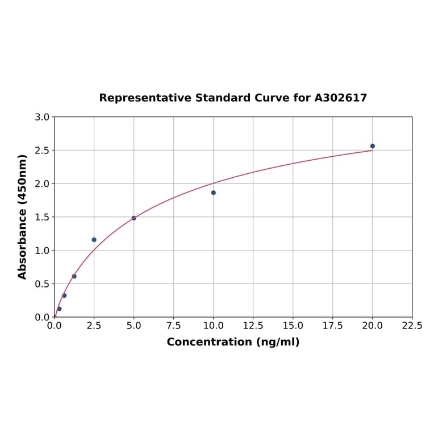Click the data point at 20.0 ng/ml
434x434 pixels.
pos(373,146)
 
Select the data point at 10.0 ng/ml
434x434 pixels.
pos(214,193)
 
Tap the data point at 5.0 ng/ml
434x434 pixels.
pos(134,218)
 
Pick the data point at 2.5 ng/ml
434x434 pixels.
pos(94,240)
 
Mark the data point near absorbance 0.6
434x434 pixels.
pos(74,277)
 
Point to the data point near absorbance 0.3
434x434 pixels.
pos(64,295)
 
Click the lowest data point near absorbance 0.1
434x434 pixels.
pos(59,309)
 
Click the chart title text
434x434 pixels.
pos(233,98)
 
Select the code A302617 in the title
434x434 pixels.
pos(341,98)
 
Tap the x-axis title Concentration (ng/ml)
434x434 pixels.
pos(233,342)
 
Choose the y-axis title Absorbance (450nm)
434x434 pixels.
pos(23,216)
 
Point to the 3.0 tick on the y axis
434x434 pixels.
pos(42,117)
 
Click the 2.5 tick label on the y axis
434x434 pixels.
pos(42,151)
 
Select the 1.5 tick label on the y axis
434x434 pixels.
pos(42,217)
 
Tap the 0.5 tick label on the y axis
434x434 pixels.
pos(42,284)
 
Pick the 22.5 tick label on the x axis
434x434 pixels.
pos(412,326)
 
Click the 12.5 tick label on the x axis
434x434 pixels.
pos(253,326)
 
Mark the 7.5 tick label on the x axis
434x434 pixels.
pos(174,326)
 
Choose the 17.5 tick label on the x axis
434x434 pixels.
pos(332,326)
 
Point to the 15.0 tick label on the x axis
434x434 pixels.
pos(293,326)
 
